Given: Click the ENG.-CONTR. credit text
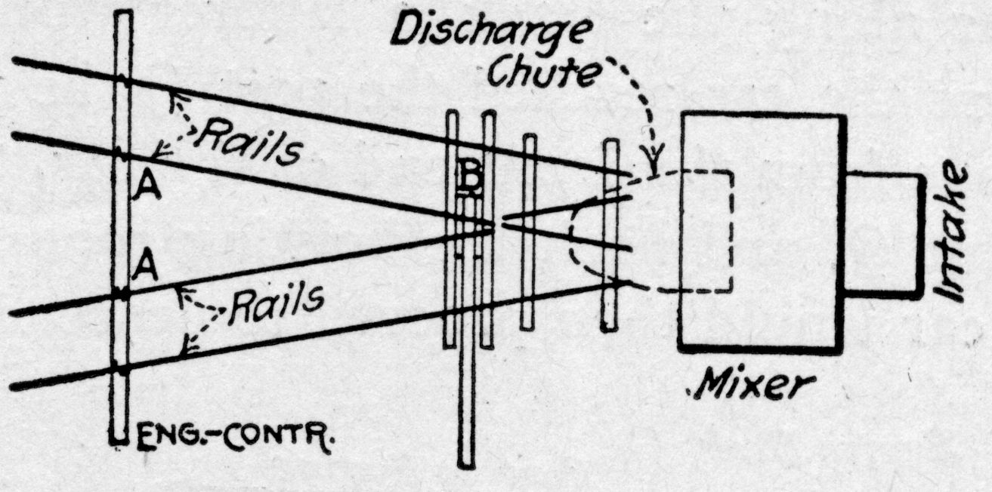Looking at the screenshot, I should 236,437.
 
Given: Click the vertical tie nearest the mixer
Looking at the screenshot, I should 610,234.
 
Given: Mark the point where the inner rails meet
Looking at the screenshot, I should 495,225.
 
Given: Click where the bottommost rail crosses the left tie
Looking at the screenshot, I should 123,369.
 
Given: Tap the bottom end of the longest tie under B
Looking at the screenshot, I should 467,462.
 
